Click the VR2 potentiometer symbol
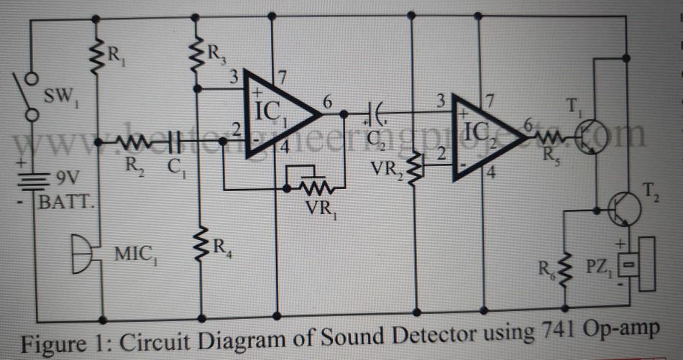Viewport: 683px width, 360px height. [416, 165]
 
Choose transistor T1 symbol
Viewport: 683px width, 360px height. [592, 135]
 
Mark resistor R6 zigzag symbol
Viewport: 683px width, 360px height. [564, 269]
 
